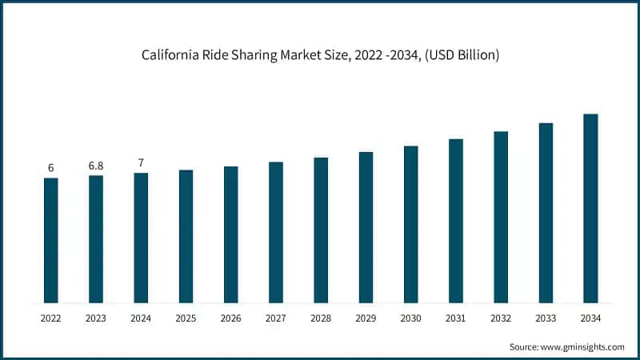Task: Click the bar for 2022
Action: click(x=51, y=241)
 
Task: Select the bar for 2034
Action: click(x=590, y=209)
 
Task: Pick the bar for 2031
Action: click(x=456, y=222)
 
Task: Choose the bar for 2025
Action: click(x=186, y=237)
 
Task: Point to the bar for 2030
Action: click(x=411, y=225)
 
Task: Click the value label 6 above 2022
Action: click(x=51, y=168)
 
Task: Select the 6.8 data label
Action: click(x=96, y=166)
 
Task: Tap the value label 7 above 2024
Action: click(x=141, y=163)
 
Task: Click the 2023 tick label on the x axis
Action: click(x=96, y=318)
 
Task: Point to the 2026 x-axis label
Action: click(x=230, y=318)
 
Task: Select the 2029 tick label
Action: click(x=366, y=318)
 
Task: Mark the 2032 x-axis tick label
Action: click(x=501, y=318)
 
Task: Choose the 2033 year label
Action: click(x=546, y=318)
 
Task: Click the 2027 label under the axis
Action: click(x=276, y=318)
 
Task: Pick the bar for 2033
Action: click(x=546, y=214)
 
